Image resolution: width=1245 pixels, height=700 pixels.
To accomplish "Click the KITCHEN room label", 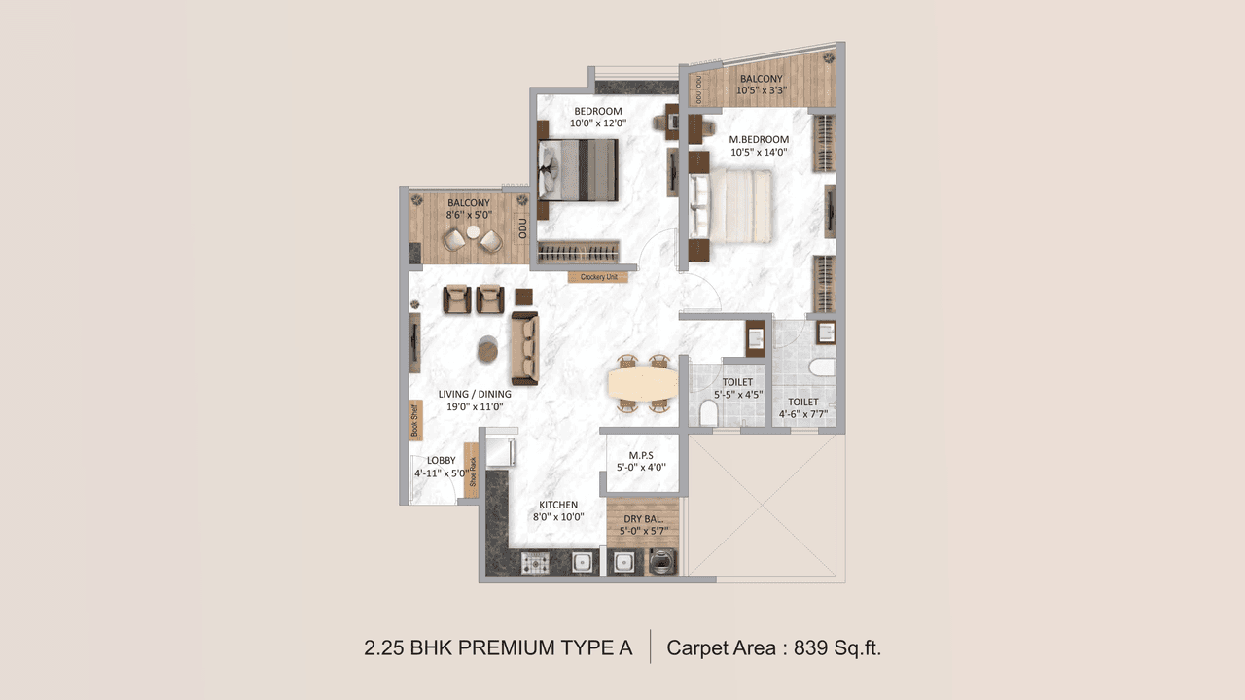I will click(558, 505).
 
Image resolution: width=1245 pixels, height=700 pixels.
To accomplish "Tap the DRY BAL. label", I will click(643, 518).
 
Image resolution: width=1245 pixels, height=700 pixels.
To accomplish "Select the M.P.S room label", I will click(640, 454).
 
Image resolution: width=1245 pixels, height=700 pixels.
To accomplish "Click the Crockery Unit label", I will click(598, 277).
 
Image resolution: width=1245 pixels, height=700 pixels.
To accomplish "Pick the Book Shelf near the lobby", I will click(413, 421).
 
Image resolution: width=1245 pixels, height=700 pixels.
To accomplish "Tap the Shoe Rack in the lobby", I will click(472, 471).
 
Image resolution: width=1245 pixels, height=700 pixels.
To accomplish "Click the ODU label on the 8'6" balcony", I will click(522, 228).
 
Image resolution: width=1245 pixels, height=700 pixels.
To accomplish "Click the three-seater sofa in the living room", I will click(525, 348).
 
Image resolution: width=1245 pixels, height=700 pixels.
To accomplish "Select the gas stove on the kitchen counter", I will click(535, 562).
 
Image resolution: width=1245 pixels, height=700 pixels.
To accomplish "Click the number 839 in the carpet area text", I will click(812, 647).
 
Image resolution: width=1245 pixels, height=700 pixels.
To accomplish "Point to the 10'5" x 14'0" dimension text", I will click(759, 152).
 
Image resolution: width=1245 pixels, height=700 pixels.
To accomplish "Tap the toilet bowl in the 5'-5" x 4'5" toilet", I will click(707, 414).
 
